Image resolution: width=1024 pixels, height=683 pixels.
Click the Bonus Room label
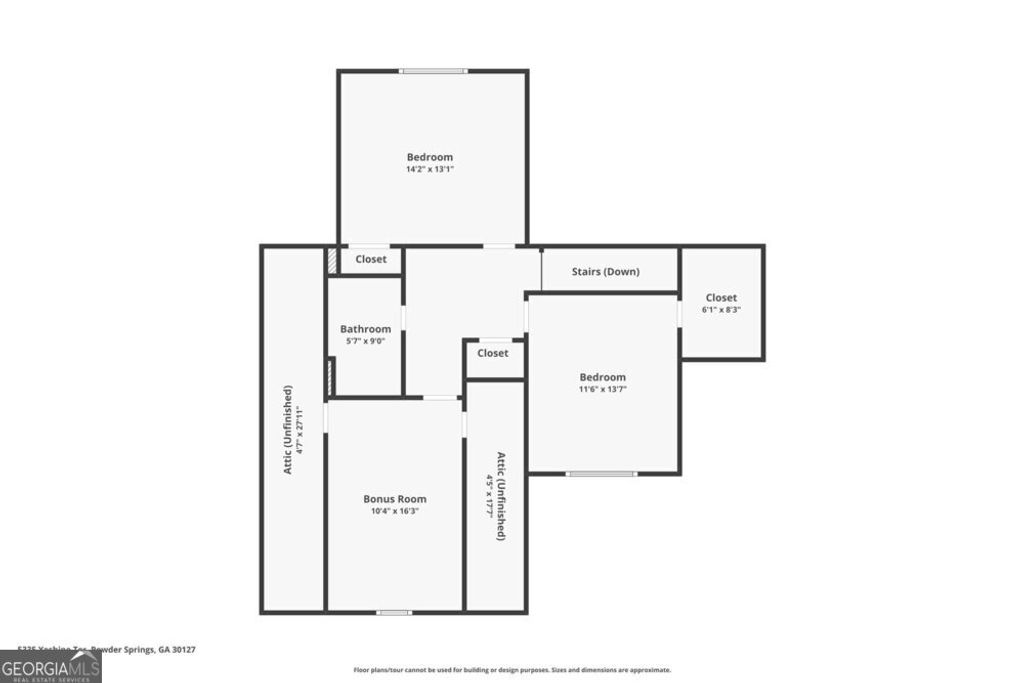pyautogui.click(x=394, y=499)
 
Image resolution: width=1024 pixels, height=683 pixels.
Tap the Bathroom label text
pyautogui.click(x=365, y=329)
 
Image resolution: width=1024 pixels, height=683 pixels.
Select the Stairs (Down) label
pyautogui.click(x=605, y=271)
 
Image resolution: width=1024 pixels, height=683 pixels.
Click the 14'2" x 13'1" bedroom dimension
pyautogui.click(x=429, y=169)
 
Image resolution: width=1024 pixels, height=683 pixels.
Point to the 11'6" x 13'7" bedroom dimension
pyautogui.click(x=602, y=389)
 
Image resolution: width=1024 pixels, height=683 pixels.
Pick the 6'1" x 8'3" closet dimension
pyautogui.click(x=721, y=310)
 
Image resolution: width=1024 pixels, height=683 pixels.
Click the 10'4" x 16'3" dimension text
pyautogui.click(x=394, y=511)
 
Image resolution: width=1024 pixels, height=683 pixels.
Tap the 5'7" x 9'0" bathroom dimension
pyautogui.click(x=365, y=341)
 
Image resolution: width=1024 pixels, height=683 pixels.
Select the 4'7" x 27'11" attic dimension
pyautogui.click(x=299, y=429)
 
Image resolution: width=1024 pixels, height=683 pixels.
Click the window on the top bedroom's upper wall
pyautogui.click(x=433, y=71)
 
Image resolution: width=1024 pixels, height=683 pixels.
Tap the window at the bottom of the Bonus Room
pyautogui.click(x=394, y=611)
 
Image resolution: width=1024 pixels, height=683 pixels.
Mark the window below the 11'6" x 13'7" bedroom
pyautogui.click(x=601, y=473)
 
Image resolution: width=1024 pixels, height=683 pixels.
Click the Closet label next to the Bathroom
pyautogui.click(x=371, y=259)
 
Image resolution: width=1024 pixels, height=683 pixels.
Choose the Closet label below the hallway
pyautogui.click(x=492, y=353)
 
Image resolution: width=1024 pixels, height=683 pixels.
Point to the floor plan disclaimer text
pyautogui.click(x=512, y=670)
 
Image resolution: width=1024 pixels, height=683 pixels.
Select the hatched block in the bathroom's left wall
pyautogui.click(x=331, y=376)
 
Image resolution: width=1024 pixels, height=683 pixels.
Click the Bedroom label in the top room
pyautogui.click(x=429, y=157)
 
